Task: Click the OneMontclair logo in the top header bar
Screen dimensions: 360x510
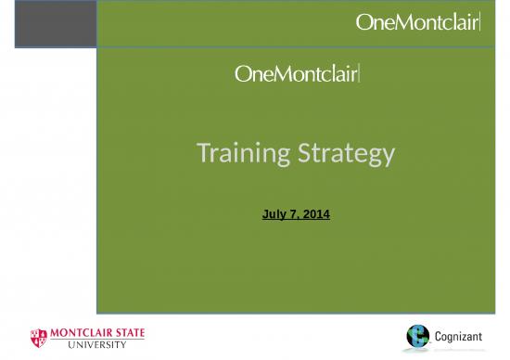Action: [418, 24]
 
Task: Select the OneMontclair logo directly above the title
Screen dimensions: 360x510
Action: [298, 74]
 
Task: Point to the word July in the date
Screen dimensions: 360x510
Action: [275, 214]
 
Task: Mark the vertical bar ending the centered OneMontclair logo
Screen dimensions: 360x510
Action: [360, 74]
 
